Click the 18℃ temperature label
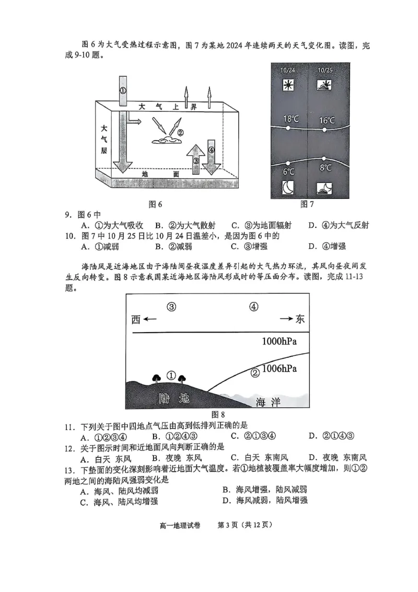(x=291, y=119)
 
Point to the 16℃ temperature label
(x=327, y=120)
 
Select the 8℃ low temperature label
(x=326, y=168)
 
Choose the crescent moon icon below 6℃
(x=288, y=187)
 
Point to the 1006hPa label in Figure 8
(x=280, y=369)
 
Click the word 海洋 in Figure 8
(x=268, y=402)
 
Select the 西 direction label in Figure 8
(x=136, y=320)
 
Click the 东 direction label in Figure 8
(x=300, y=319)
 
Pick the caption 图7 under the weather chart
(x=307, y=204)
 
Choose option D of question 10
(x=327, y=246)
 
